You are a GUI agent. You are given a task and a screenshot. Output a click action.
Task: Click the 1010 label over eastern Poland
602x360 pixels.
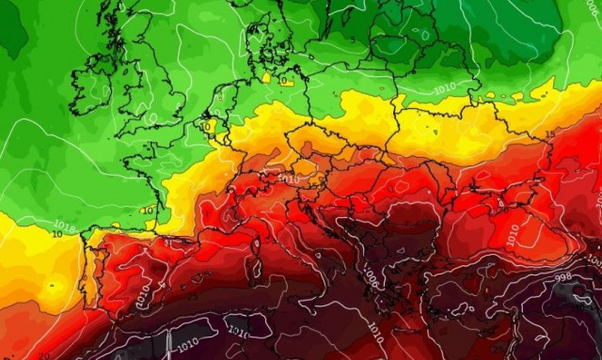tap(447, 91)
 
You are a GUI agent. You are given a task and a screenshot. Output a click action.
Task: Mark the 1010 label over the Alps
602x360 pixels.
tap(290, 178)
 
